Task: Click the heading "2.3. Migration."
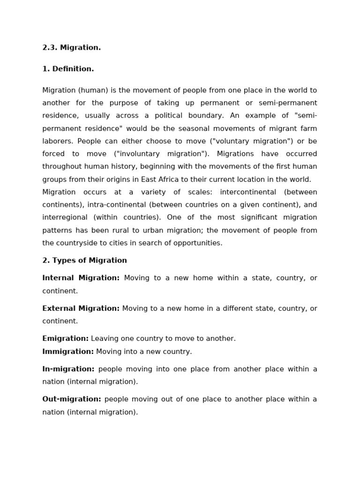point(71,48)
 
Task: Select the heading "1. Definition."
point(68,69)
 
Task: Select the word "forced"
point(53,154)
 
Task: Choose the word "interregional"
point(65,217)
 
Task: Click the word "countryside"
point(78,243)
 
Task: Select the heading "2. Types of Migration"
point(84,261)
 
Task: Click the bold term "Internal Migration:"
point(81,278)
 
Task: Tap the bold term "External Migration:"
point(81,308)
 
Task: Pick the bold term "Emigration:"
point(65,338)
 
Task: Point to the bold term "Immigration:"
point(68,352)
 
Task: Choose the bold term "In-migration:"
point(68,369)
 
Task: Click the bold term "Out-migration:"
point(71,399)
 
